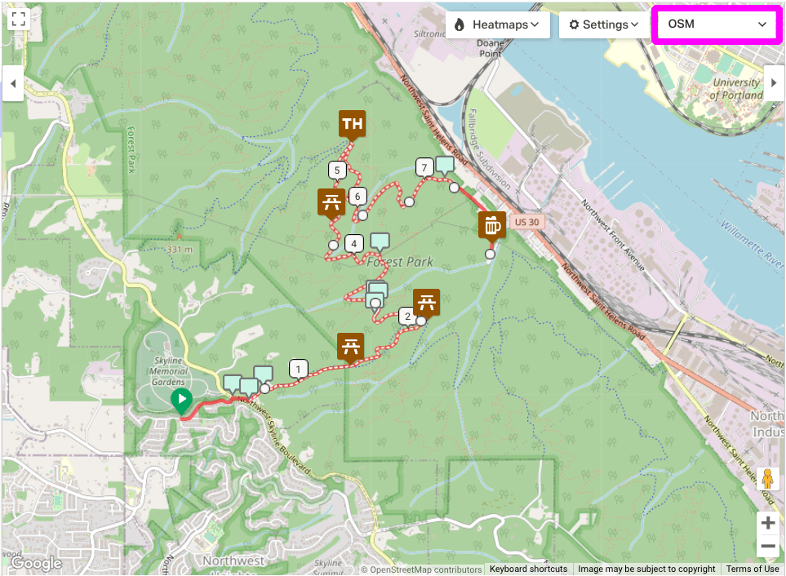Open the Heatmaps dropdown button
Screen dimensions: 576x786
click(496, 24)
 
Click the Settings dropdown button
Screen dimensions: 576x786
click(603, 24)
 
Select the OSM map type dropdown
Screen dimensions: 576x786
click(716, 24)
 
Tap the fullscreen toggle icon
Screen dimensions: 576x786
click(20, 20)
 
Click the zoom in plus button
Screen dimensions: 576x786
click(767, 523)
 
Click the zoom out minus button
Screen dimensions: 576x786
click(767, 547)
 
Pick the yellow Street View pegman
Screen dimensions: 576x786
click(767, 479)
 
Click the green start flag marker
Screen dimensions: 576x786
click(181, 400)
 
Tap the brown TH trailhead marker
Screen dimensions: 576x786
click(352, 124)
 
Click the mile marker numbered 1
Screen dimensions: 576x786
click(299, 369)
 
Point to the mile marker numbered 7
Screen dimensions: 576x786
click(424, 167)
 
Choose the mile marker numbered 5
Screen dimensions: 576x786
click(336, 171)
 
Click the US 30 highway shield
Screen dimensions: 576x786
click(528, 221)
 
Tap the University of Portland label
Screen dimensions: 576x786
click(736, 89)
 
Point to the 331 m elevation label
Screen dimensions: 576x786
click(179, 249)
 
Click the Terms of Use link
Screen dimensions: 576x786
click(753, 569)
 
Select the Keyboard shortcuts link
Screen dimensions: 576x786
click(528, 569)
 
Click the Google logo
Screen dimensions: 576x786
click(36, 563)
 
